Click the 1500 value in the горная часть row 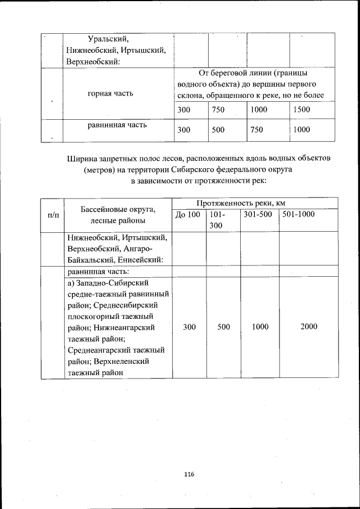[302, 110]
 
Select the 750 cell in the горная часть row [218, 110]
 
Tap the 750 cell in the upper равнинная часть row [256, 130]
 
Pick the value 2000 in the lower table [309, 326]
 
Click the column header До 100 [187, 214]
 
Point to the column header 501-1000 [299, 214]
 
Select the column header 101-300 [217, 219]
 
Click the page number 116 [188, 475]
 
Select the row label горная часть [111, 93]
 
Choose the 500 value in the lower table [224, 326]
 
